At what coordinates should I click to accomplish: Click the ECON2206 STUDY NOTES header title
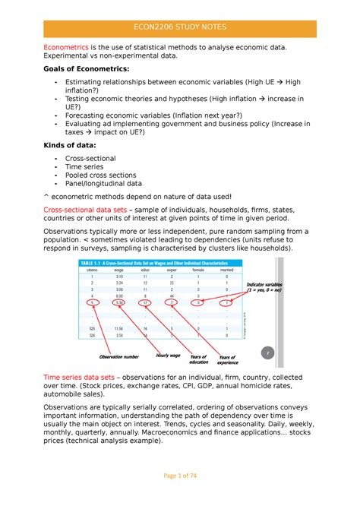coord(180,28)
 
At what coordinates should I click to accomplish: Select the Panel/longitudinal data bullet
coord(103,183)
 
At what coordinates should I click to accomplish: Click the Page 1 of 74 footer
coord(180,496)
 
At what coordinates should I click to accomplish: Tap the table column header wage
coord(119,270)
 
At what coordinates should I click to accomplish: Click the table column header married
coord(226,270)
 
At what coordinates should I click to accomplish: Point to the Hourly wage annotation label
coord(167,355)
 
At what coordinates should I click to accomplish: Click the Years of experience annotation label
coord(229,361)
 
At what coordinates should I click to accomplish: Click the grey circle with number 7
coord(266,353)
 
